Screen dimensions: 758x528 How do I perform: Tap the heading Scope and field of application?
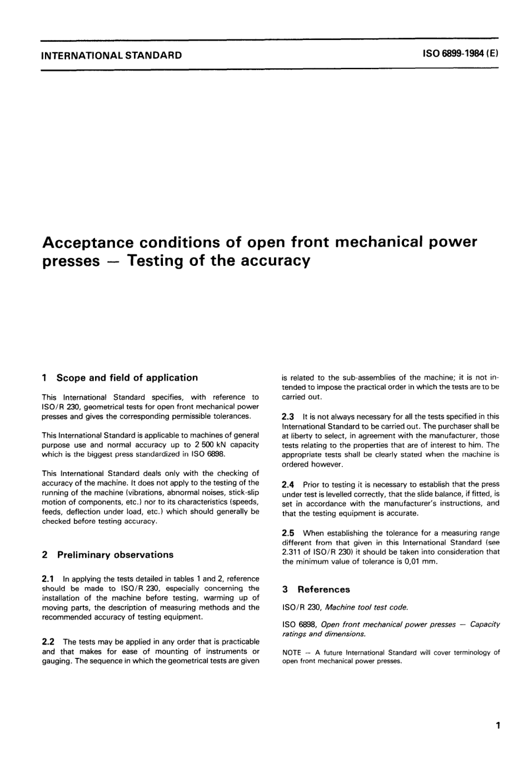tap(127, 378)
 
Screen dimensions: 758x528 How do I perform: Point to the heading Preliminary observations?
tap(115, 554)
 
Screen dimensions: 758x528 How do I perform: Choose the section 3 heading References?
tap(323, 589)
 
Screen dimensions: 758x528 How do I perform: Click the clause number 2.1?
tap(49, 578)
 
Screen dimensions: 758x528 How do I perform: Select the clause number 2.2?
tap(49, 642)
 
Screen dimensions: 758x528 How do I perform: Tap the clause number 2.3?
tap(289, 416)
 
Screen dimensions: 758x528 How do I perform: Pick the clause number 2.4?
tap(289, 484)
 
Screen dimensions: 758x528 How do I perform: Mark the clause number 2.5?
tap(289, 533)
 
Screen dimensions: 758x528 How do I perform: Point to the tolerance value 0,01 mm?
tap(420, 562)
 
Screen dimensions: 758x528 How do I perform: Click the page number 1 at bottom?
tap(498, 725)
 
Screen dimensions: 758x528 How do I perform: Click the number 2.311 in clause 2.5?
tap(292, 552)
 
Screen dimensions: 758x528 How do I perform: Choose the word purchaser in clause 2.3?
tap(454, 426)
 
